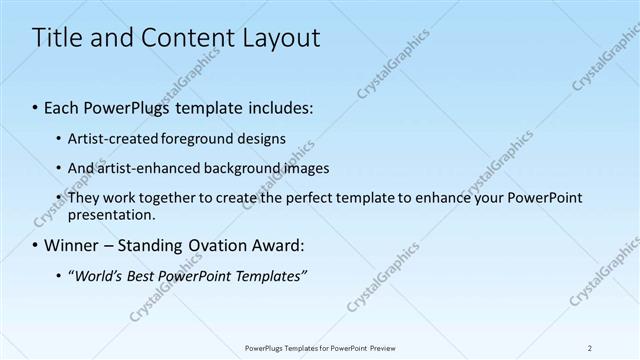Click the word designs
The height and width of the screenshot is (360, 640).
tap(263, 138)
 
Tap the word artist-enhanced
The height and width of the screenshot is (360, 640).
tap(146, 168)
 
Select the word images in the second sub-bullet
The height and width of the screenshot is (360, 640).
tap(307, 168)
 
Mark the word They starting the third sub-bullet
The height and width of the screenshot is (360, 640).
tap(83, 198)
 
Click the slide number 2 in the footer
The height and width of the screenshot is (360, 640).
tap(590, 347)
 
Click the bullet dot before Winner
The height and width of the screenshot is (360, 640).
tap(35, 245)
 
